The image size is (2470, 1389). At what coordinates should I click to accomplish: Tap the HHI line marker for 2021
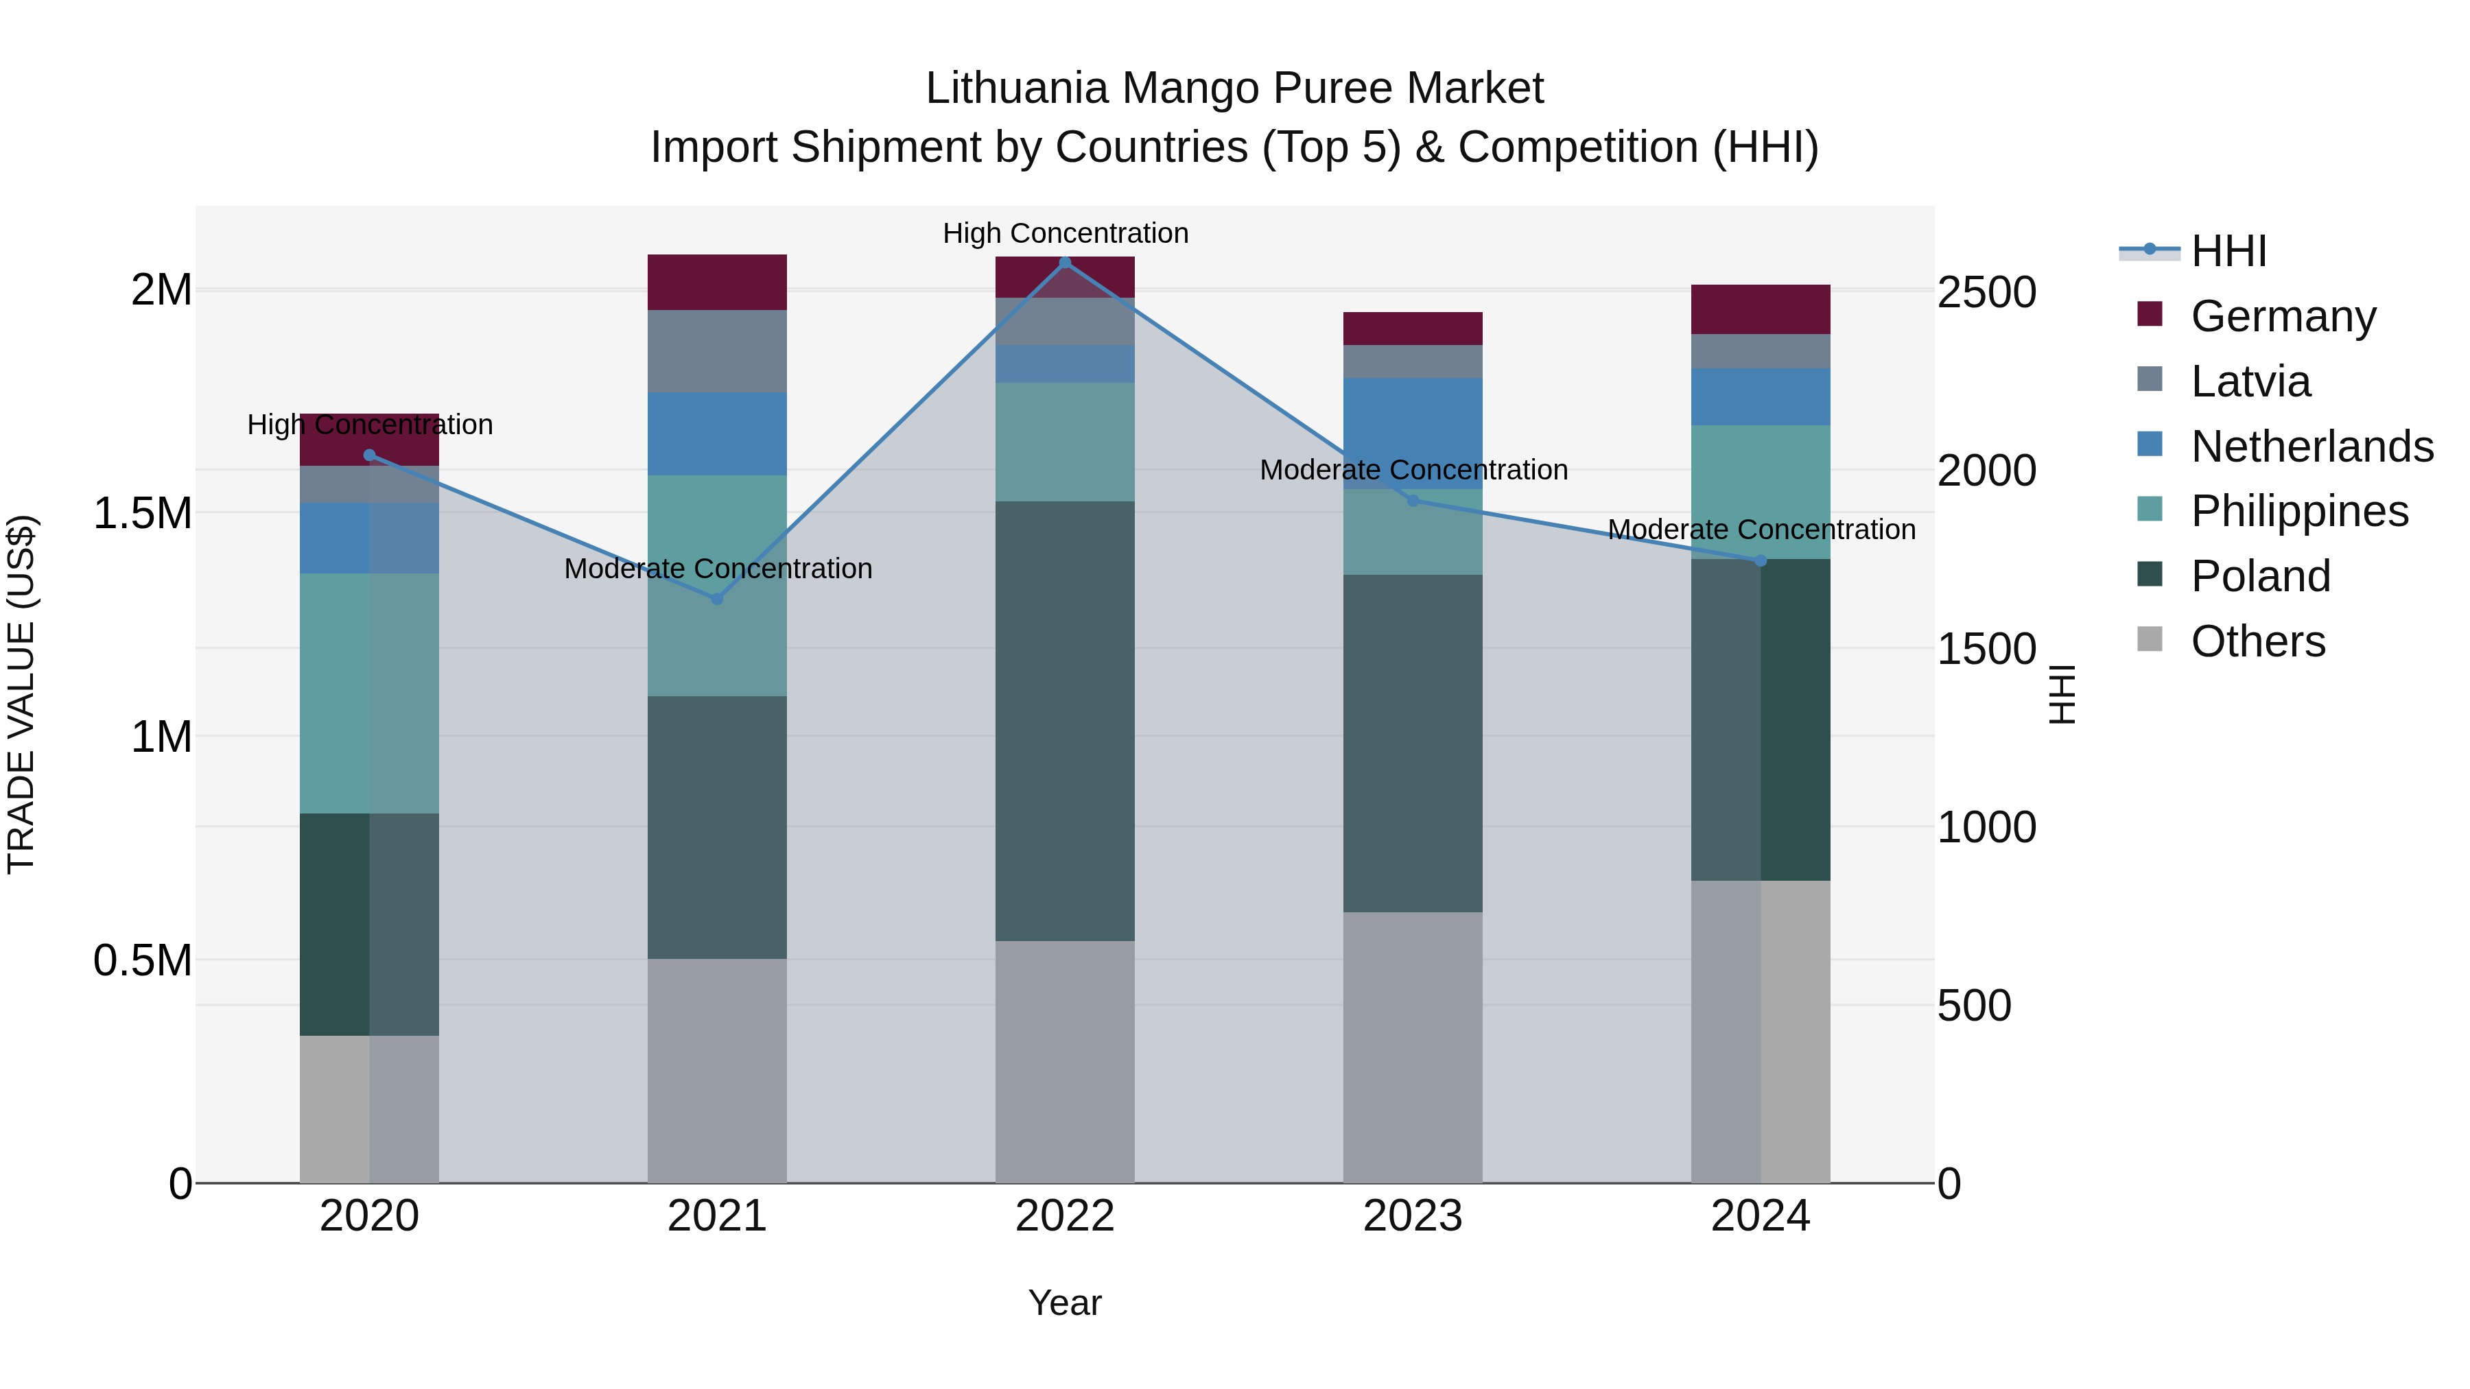click(716, 598)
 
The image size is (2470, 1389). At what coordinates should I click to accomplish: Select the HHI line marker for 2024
click(1761, 561)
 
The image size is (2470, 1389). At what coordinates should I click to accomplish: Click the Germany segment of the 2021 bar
click(716, 282)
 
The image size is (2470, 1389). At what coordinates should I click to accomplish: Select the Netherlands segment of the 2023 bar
click(1413, 434)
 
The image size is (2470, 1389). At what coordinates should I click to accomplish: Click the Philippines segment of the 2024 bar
click(1761, 492)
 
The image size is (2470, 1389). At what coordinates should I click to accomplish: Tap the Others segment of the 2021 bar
click(716, 1071)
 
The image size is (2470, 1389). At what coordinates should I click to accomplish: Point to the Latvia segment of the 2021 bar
click(716, 351)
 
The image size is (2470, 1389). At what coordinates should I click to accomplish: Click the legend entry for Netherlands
click(2312, 447)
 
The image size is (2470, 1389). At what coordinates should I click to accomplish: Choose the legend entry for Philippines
click(2299, 511)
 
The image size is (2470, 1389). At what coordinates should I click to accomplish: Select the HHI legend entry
click(2228, 251)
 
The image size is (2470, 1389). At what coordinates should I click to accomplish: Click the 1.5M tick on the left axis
click(142, 514)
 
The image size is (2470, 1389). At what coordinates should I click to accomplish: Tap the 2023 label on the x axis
click(1413, 1216)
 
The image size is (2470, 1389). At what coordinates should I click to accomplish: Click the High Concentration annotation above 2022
click(1066, 233)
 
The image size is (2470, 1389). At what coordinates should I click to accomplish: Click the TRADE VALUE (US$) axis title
click(21, 694)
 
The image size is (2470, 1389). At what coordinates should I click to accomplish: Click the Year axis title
click(1064, 1303)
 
